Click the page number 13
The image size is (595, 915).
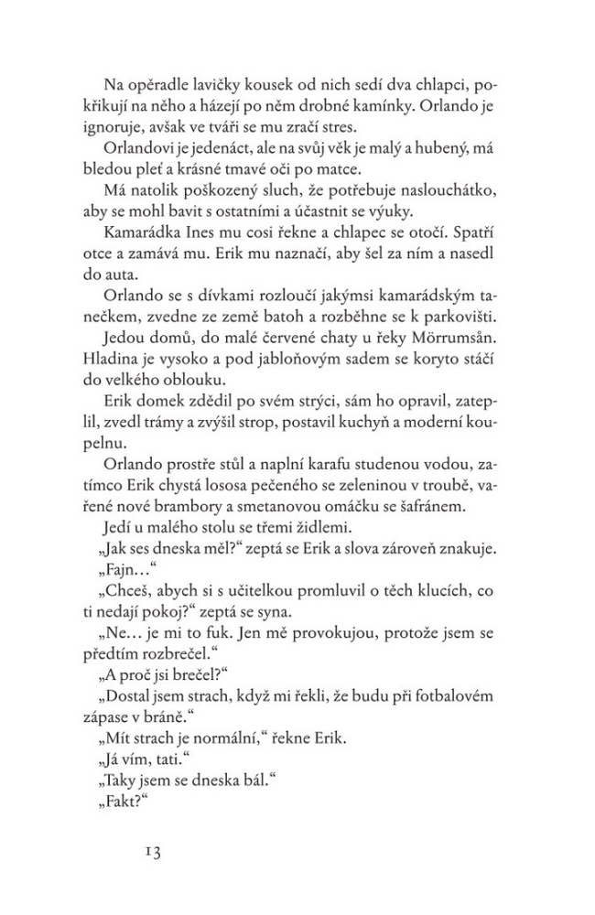tap(152, 851)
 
